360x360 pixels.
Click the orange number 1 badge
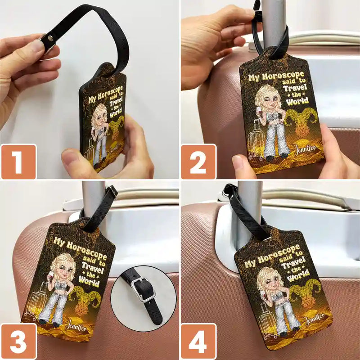19,162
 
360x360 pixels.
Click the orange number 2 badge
199,162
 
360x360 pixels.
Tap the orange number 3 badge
19,341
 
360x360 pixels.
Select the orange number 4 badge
199,341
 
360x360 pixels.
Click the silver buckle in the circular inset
142,289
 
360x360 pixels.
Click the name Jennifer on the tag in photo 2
306,150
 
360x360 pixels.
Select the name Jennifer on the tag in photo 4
315,318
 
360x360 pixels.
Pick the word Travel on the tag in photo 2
295,88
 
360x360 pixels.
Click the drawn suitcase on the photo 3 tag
36,301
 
